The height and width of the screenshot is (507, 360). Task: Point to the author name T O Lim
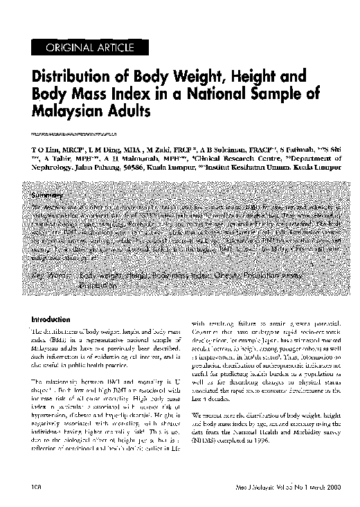(42, 149)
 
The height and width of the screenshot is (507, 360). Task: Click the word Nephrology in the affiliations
(49, 167)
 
